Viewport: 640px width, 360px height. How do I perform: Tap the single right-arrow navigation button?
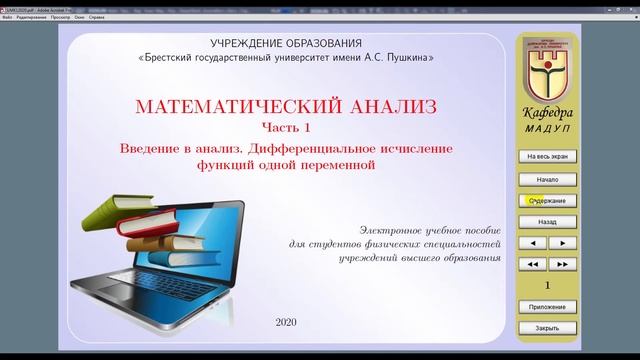pos(562,243)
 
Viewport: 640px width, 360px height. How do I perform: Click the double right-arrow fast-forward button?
pos(562,264)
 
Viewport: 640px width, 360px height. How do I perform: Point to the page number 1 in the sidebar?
pos(547,285)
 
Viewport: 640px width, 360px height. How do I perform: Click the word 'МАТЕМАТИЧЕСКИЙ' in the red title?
pos(213,106)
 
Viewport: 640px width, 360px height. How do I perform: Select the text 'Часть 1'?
pos(286,126)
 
